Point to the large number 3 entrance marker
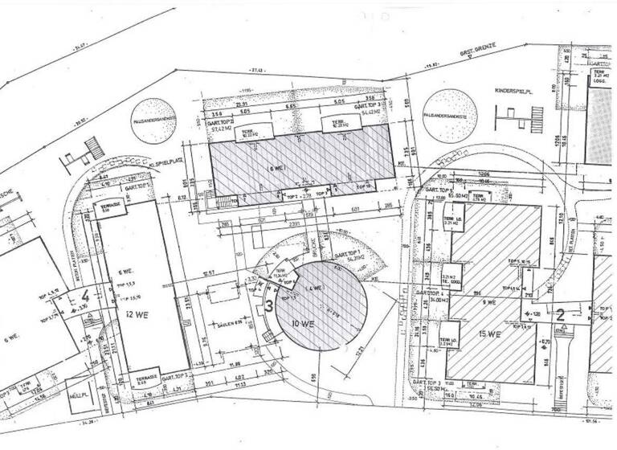[268, 306]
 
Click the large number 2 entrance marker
[561, 314]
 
